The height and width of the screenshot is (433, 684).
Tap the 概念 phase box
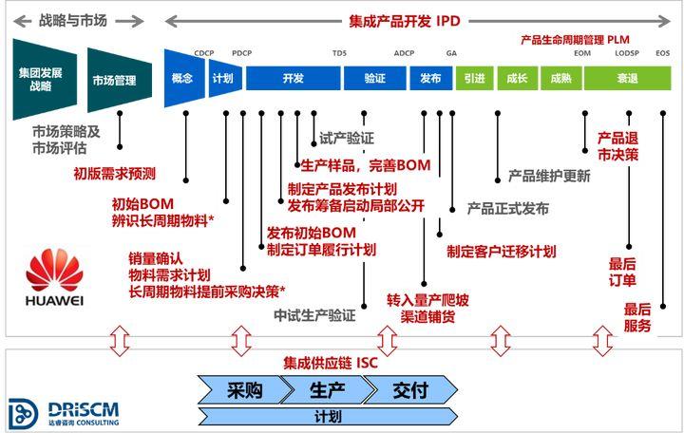pos(182,79)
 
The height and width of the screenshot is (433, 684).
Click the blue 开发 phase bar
pos(292,79)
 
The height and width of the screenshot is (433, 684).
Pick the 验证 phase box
pos(374,79)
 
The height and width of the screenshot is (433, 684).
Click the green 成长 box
pos(518,79)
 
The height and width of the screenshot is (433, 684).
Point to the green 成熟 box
pos(560,79)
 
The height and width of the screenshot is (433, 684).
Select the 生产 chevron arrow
pos(324,388)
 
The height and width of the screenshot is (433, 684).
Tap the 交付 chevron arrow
pos(409,388)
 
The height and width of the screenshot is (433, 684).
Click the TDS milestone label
pos(339,53)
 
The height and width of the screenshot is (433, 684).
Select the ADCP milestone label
pos(404,53)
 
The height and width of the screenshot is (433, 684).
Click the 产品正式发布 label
pos(507,208)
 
